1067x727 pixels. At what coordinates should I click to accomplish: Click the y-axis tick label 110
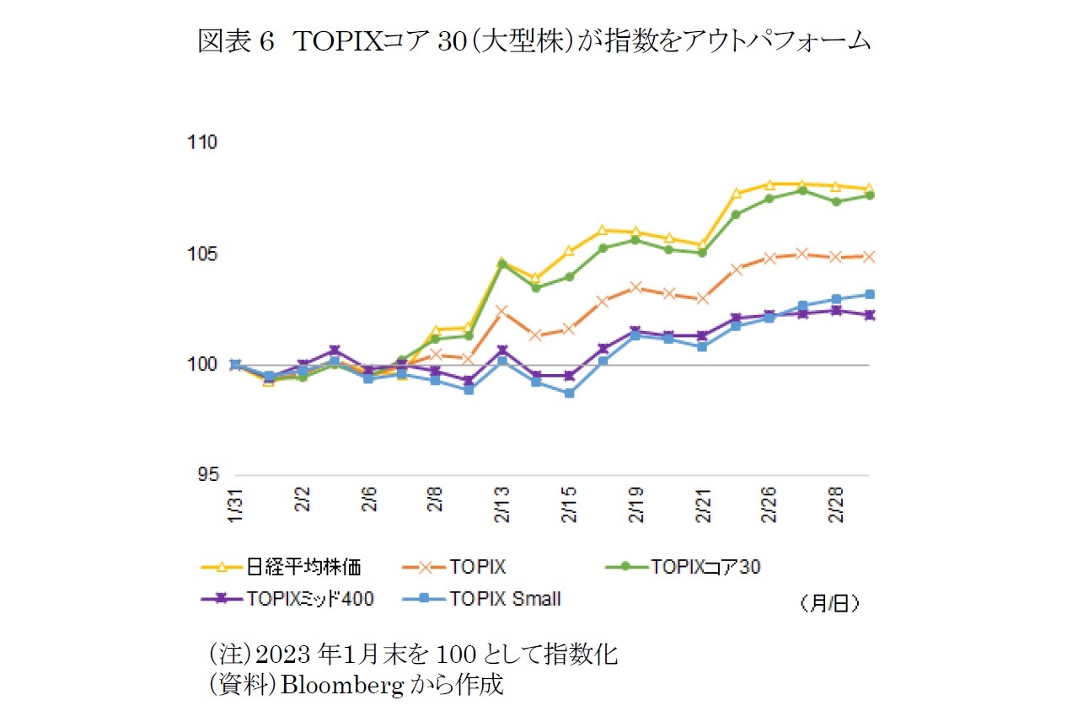(204, 142)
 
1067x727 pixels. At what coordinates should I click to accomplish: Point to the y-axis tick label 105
(204, 254)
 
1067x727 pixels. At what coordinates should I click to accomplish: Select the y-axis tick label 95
(207, 475)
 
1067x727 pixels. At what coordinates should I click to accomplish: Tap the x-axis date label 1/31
(236, 505)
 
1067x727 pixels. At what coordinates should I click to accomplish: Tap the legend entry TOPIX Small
(506, 599)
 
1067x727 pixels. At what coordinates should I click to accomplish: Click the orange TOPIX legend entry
(477, 567)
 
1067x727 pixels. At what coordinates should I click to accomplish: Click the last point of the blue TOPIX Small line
(870, 294)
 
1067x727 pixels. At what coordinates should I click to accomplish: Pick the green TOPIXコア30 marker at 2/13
(502, 264)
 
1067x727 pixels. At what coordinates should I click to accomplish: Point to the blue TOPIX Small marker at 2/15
(569, 393)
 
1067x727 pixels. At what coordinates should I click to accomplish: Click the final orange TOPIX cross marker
(870, 256)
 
